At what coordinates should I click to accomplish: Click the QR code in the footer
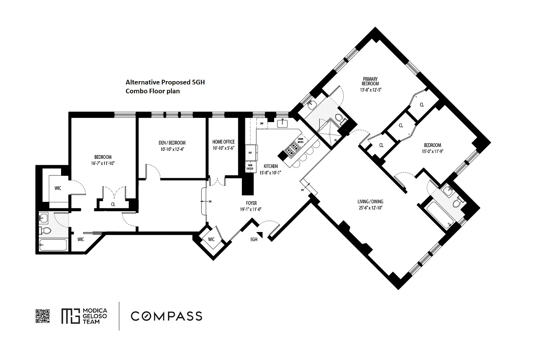point(43,316)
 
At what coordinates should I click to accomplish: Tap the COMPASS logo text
point(166,316)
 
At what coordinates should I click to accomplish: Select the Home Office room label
point(223,142)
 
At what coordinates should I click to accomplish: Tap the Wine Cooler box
point(250,167)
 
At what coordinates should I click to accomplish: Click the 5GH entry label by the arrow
point(254,239)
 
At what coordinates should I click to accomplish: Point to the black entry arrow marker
point(260,235)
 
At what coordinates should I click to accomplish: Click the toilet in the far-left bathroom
point(45,230)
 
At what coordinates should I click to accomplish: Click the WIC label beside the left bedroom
point(58,188)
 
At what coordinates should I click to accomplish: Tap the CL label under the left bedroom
point(113,204)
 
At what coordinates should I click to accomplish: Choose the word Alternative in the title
point(141,83)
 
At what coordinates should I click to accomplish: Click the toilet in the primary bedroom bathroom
point(343,120)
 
